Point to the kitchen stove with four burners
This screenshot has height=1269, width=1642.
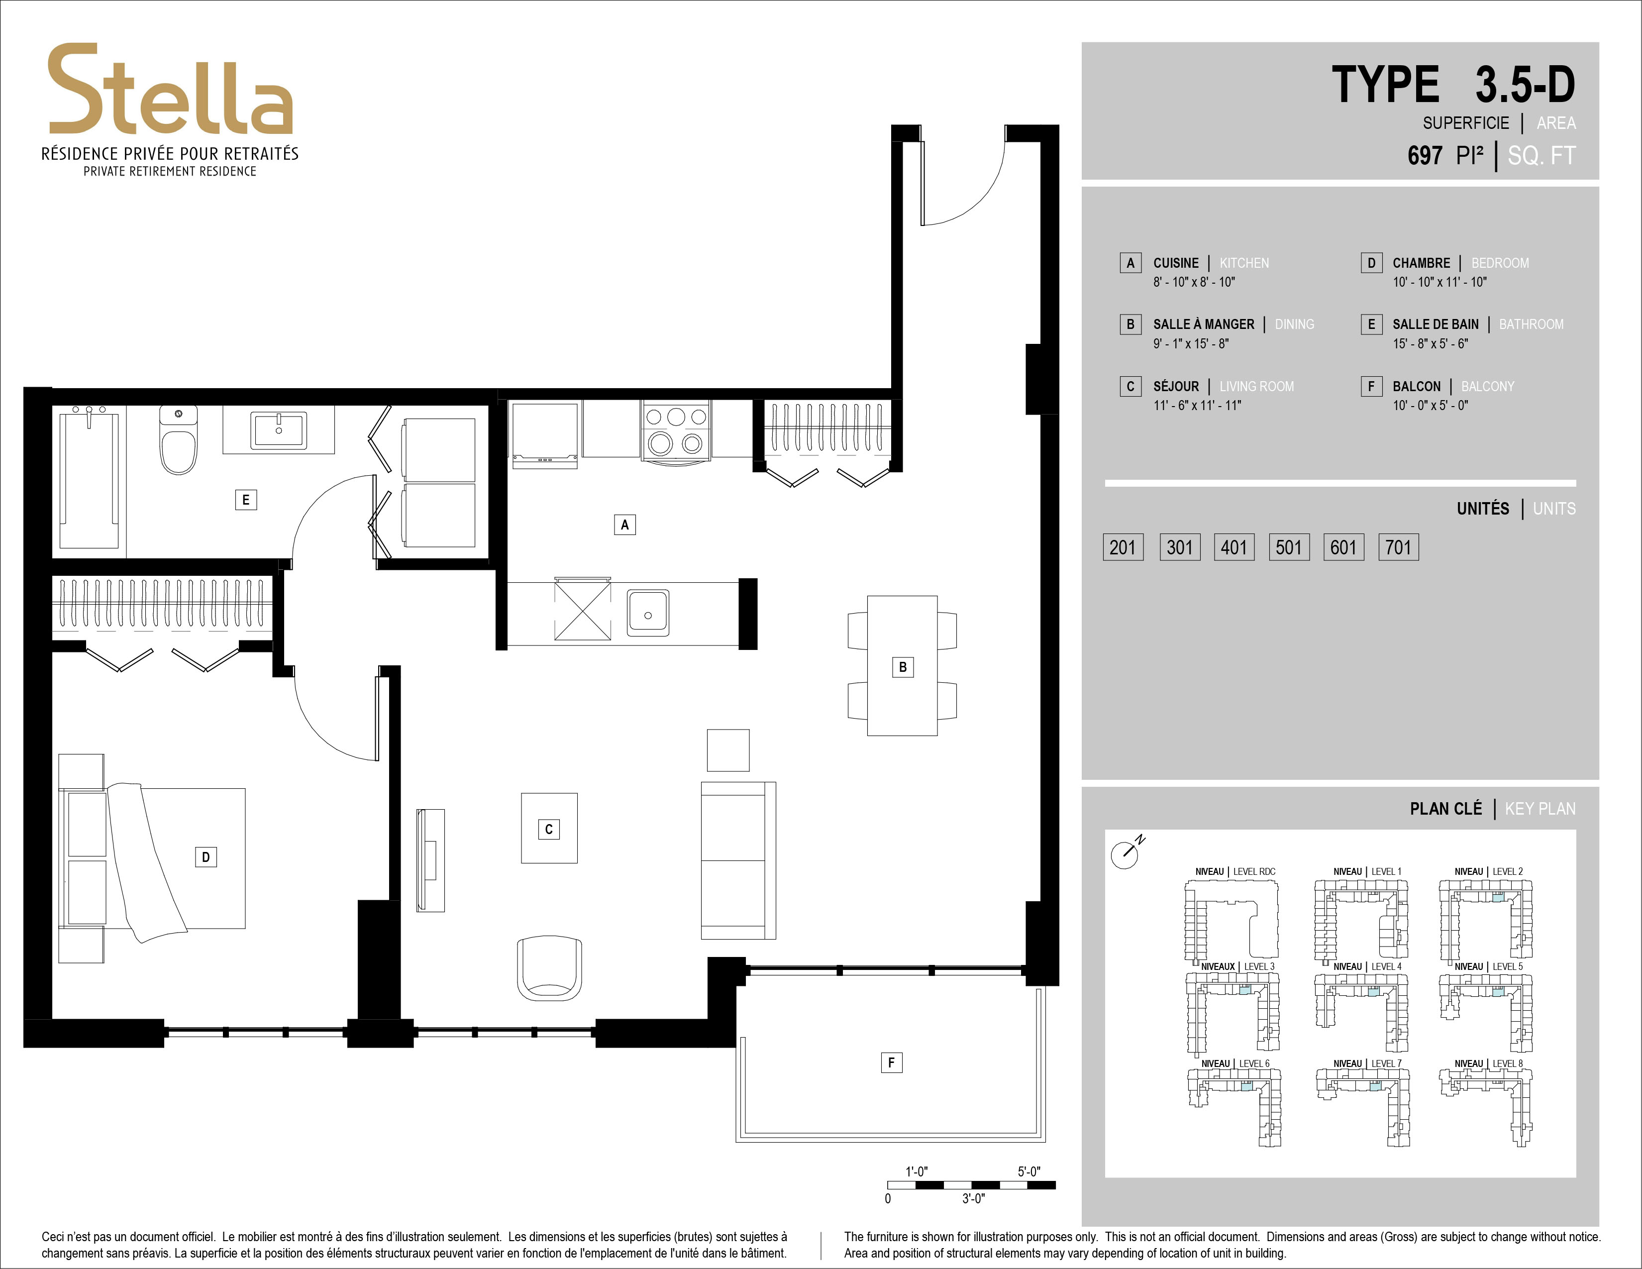[x=676, y=431]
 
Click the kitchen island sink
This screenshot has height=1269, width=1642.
[x=648, y=613]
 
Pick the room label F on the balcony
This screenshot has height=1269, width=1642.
[x=891, y=1062]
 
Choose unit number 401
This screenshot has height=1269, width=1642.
[x=1234, y=547]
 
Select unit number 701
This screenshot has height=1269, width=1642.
[x=1398, y=547]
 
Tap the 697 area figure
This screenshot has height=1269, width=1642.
[x=1425, y=156]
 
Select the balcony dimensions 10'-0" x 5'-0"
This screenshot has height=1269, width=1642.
[x=1430, y=405]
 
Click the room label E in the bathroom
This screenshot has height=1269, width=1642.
[x=246, y=500]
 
